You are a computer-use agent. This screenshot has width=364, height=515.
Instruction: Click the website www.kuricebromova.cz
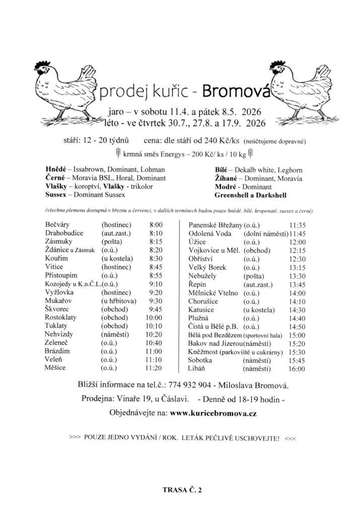pos(214,413)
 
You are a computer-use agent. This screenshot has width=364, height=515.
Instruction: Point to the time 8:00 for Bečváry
pos(156,224)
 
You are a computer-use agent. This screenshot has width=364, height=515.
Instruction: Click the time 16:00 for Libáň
pos(297,369)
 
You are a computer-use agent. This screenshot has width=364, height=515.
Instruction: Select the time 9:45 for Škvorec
pos(156,309)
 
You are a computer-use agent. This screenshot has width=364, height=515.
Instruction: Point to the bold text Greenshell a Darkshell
pos(250,195)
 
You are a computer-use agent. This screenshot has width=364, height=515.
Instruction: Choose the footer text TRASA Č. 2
pos(182,488)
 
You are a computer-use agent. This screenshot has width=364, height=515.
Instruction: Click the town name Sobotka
pos(200,360)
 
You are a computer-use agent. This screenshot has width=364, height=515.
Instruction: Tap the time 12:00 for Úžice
pos(297,242)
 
